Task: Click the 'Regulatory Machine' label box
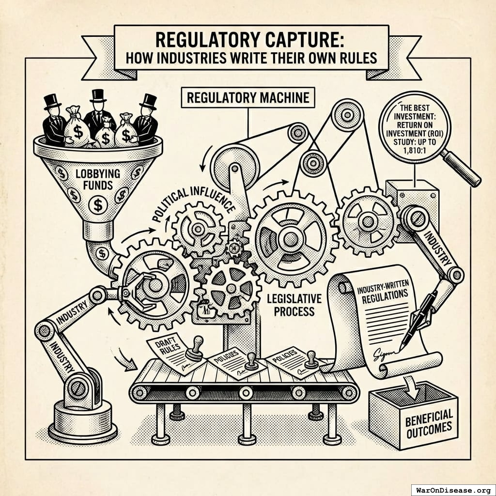tap(248, 98)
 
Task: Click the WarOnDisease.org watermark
tap(453, 489)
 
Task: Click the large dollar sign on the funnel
tap(98, 206)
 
